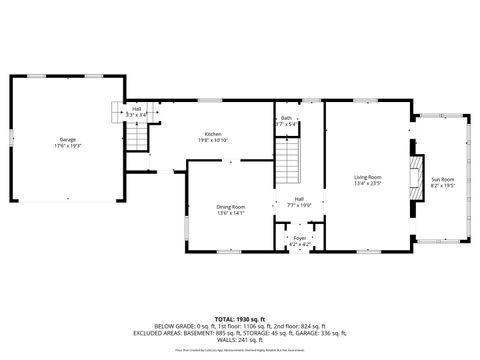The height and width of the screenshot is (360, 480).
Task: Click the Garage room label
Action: coord(67,139)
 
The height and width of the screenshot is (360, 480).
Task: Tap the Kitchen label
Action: coord(213,134)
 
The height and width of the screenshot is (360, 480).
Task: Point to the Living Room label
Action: coord(367,177)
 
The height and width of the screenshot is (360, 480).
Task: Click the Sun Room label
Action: coord(442,178)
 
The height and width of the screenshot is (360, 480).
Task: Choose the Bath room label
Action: coord(286,118)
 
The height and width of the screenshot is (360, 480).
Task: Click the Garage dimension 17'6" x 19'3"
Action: coord(67,146)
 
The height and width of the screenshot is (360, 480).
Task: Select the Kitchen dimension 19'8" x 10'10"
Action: coord(213,141)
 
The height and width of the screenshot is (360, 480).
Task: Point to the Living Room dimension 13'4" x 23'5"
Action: coord(367,184)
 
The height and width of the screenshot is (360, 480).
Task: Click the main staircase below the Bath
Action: coord(287,160)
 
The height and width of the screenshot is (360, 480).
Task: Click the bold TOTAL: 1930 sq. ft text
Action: coord(240,319)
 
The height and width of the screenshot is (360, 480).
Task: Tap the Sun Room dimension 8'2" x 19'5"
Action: coord(442,185)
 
